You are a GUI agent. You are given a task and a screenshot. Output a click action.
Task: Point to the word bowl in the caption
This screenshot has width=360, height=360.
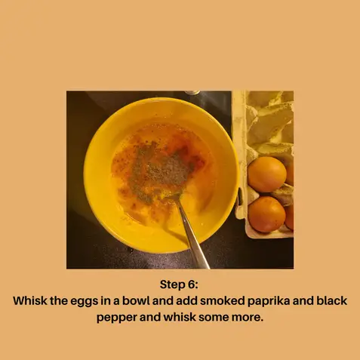tap(136, 300)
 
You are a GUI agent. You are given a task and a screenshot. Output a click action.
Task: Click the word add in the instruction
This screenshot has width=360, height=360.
tap(186, 300)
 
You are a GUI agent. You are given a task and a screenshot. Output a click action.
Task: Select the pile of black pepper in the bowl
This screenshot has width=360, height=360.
tap(160, 169)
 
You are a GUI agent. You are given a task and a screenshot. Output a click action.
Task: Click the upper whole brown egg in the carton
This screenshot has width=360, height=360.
tap(267, 174)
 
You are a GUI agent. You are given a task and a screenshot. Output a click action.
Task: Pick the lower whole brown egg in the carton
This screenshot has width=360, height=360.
tap(267, 214)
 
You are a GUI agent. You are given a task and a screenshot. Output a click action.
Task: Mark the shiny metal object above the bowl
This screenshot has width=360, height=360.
tap(192, 93)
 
